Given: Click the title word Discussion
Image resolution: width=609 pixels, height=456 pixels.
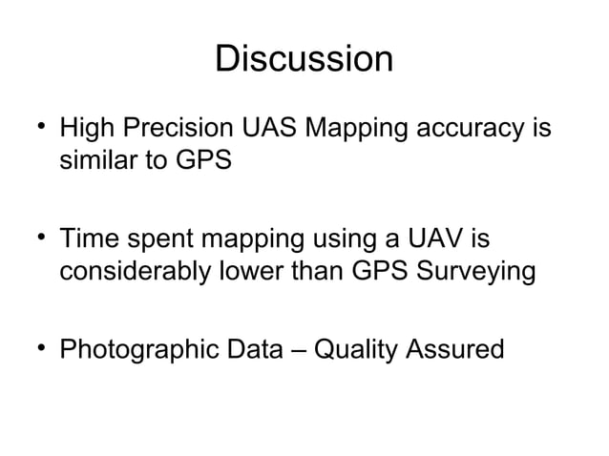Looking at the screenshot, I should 304,60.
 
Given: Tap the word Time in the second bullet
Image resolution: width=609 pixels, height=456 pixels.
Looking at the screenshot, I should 88,238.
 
